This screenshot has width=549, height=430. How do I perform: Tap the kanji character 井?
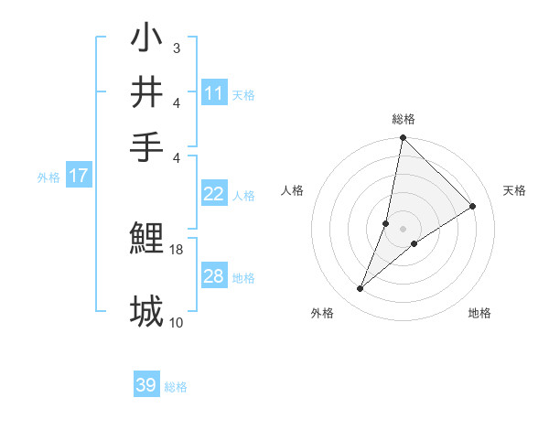point(147,93)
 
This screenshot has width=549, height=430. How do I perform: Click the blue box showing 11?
point(214,93)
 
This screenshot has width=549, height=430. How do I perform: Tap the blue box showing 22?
point(214,194)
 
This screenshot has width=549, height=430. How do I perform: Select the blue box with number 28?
point(214,276)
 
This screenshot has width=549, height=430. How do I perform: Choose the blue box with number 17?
point(79,177)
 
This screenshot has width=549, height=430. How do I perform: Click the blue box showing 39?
point(146,385)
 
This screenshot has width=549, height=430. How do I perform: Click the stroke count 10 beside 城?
point(177,322)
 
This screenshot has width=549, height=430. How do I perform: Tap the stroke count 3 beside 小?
point(177,48)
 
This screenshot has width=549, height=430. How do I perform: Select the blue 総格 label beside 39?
point(176,387)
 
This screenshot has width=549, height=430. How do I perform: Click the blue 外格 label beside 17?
point(48,177)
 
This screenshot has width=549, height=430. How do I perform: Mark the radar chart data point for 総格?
point(403,138)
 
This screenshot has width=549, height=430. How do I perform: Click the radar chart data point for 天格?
point(473,207)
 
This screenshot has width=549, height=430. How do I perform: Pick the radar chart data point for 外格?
point(361,289)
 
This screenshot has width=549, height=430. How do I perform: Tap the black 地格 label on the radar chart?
point(479,314)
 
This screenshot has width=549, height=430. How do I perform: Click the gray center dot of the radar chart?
point(403,229)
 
